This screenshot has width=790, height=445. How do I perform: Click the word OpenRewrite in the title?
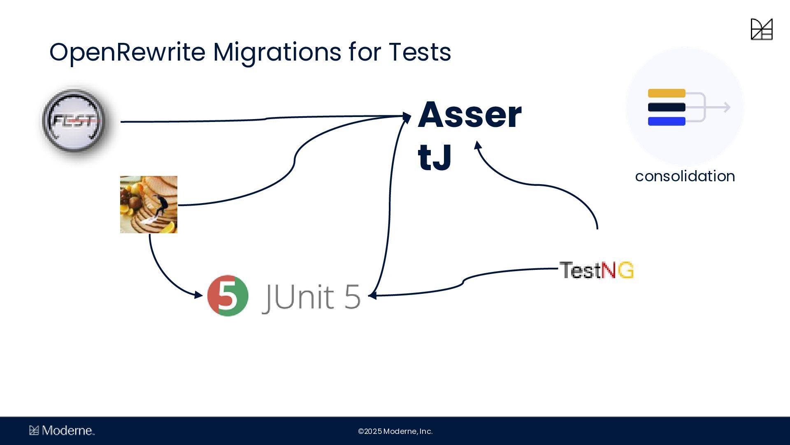click(x=127, y=52)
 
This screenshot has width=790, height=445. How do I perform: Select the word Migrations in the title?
click(x=277, y=52)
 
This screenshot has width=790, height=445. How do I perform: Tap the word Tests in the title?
click(x=420, y=52)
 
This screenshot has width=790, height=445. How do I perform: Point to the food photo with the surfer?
click(x=149, y=204)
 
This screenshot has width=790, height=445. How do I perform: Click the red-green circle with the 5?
click(x=228, y=295)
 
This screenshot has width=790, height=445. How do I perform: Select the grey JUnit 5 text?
click(x=311, y=296)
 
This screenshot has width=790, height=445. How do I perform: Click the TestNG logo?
click(x=596, y=270)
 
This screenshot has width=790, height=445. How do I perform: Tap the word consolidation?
click(x=685, y=176)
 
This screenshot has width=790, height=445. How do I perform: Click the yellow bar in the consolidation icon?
click(x=667, y=94)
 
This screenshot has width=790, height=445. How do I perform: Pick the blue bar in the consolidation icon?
click(x=667, y=121)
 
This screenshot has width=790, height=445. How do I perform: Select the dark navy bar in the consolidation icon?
click(x=667, y=108)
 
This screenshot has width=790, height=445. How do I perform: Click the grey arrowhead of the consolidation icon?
click(x=727, y=108)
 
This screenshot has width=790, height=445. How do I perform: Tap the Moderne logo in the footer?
click(x=62, y=431)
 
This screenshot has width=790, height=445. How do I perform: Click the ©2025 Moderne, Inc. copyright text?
click(x=395, y=431)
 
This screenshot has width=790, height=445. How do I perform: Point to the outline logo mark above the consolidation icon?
click(x=762, y=29)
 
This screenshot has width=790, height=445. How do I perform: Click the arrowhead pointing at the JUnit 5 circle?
click(x=199, y=295)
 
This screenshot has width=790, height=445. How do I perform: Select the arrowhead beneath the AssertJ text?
click(x=478, y=145)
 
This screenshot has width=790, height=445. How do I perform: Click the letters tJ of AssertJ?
click(x=434, y=158)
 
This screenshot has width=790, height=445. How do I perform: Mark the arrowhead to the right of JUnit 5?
click(x=372, y=295)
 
